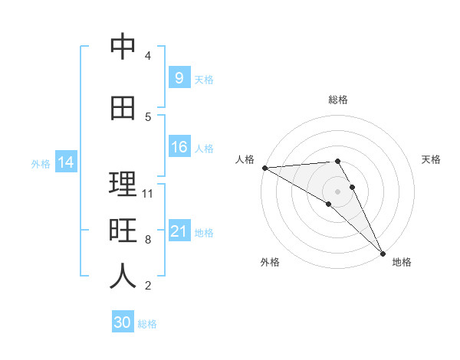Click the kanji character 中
[x=123, y=47]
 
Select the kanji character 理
[x=123, y=185]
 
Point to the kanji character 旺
[x=123, y=231]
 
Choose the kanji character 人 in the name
[x=123, y=277]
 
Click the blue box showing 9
[x=179, y=77]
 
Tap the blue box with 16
[x=179, y=147]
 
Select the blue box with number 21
[x=179, y=231]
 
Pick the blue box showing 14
[x=65, y=162]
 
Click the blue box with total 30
[x=123, y=322]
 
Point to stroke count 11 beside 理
[x=148, y=193]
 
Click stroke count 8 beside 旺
[x=148, y=240]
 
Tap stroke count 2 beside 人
[x=148, y=286]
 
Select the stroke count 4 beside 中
[x=148, y=56]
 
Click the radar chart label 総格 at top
[x=338, y=100]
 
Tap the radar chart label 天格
[x=432, y=159]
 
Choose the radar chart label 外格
[x=270, y=263]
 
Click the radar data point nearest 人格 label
[x=264, y=168]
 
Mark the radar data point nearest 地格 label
[x=382, y=251]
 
